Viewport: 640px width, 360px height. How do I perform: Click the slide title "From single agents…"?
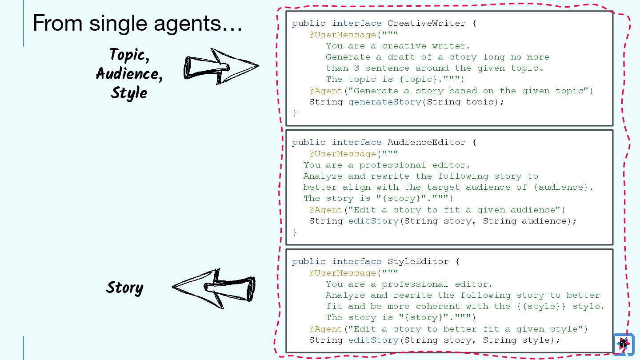(137, 23)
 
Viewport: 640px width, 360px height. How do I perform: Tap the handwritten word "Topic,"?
(129, 55)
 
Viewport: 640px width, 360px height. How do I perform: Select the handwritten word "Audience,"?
(129, 74)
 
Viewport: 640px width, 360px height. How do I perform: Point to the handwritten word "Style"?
(129, 93)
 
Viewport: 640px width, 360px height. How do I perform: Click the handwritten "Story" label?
(124, 288)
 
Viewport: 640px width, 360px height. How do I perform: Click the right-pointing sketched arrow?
(221, 67)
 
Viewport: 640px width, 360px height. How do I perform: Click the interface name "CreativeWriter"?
(426, 23)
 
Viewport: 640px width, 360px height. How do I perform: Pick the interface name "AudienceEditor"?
(426, 142)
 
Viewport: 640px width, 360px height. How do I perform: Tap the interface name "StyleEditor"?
(418, 261)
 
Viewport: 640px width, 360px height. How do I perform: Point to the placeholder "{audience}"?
(563, 187)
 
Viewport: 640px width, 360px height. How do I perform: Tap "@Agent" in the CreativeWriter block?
(326, 91)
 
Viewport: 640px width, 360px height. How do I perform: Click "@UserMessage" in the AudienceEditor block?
(343, 154)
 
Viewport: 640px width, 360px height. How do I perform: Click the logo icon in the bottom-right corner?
(623, 344)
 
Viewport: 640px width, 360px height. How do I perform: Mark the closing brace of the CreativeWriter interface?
(294, 113)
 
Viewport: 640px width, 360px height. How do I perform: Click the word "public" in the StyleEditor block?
(308, 261)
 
